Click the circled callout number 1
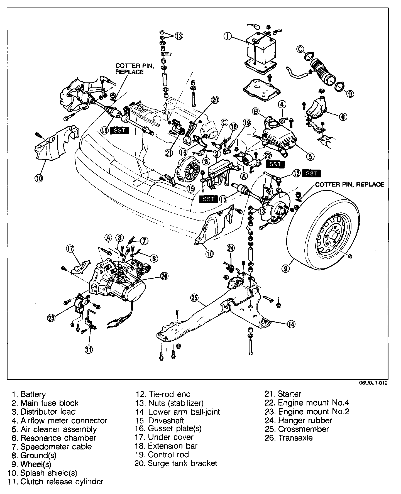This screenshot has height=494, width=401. point(228,36)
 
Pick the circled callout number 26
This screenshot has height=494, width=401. point(164,276)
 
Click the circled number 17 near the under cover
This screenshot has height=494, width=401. point(70,248)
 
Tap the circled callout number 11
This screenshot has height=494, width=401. point(89,349)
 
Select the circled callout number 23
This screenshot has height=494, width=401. point(51,317)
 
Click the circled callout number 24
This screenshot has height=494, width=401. point(231,247)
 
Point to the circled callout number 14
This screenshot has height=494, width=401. point(291,324)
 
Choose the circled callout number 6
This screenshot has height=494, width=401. point(343,117)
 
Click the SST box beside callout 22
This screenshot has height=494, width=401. point(275,164)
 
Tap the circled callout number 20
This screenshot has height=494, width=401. point(215,99)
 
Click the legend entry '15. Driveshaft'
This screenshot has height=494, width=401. point(160,420)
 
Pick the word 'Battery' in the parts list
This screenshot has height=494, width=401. point(33,394)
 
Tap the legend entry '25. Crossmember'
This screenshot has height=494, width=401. point(297,429)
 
